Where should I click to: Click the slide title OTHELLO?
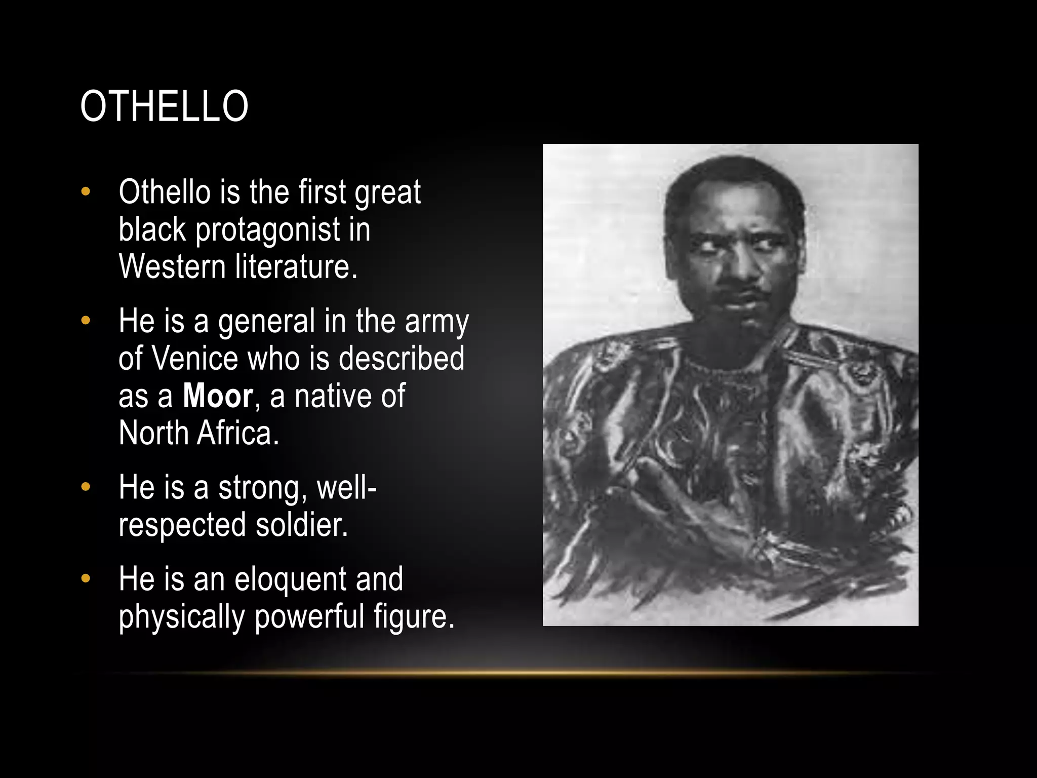pos(164,106)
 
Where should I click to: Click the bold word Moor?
pos(218,396)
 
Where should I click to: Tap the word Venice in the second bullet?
pos(195,359)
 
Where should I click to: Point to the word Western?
pos(172,267)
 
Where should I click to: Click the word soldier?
pos(302,525)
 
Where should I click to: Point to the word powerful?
pos(309,617)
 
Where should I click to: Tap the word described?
pos(401,359)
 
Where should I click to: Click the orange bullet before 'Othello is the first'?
pos(86,192)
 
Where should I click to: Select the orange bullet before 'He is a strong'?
pos(86,487)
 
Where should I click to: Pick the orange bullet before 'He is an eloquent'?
pos(86,579)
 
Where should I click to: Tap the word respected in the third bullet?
pos(182,525)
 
